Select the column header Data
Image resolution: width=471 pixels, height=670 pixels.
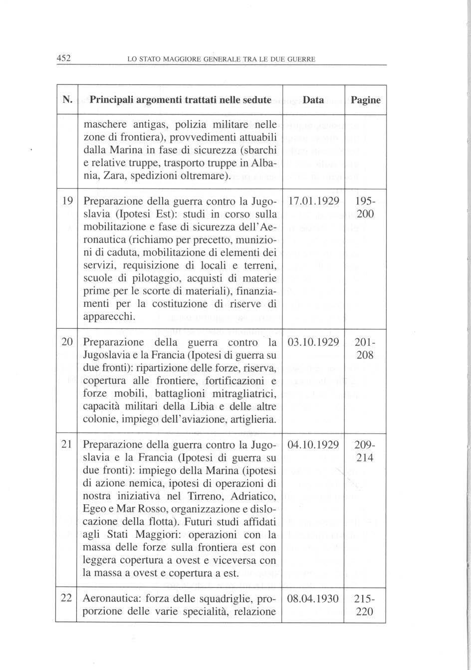tap(313, 100)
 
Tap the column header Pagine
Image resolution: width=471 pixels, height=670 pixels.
tap(366, 100)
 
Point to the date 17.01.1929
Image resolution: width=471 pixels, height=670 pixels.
tap(313, 202)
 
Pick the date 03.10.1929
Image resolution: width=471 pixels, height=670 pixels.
tap(313, 343)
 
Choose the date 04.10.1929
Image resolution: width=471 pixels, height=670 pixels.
tap(313, 445)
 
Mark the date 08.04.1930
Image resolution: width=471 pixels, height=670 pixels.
tap(313, 598)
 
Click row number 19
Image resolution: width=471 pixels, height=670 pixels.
tap(67, 202)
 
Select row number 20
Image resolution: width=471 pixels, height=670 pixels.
tap(67, 343)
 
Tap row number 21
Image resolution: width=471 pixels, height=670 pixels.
tap(67, 445)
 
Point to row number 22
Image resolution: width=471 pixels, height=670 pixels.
tap(67, 598)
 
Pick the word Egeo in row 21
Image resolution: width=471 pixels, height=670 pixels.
tap(93, 509)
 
